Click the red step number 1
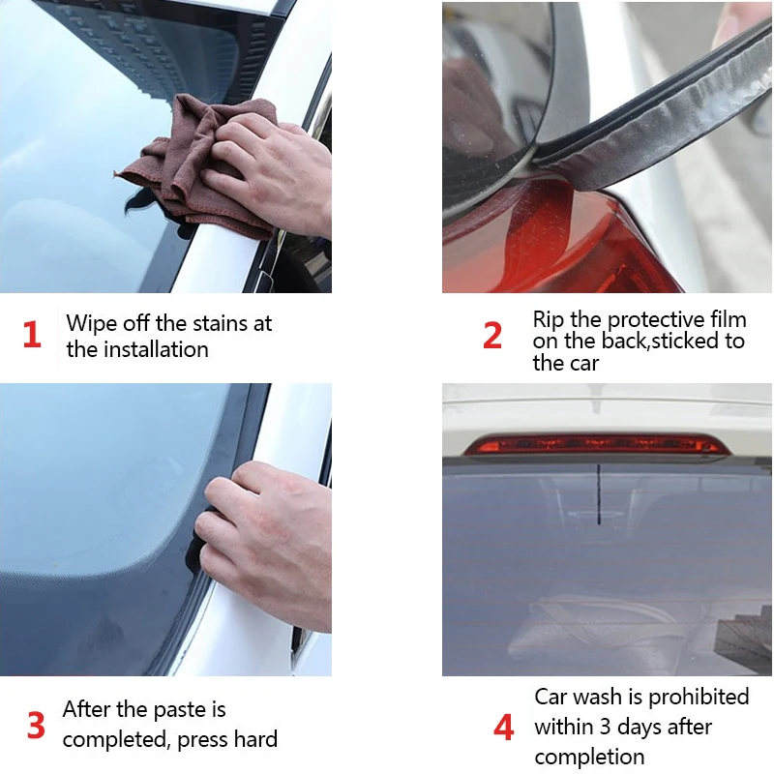tap(32, 334)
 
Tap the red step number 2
tap(492, 336)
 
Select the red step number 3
tap(36, 726)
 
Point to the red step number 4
tap(503, 728)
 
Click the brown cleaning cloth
tap(197, 163)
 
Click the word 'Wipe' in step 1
tap(92, 324)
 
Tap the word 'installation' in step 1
tap(156, 349)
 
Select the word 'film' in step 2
tap(729, 319)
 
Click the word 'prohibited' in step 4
tap(699, 698)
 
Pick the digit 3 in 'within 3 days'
tap(606, 728)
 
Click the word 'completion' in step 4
tap(589, 758)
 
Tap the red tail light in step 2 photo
tap(558, 242)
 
